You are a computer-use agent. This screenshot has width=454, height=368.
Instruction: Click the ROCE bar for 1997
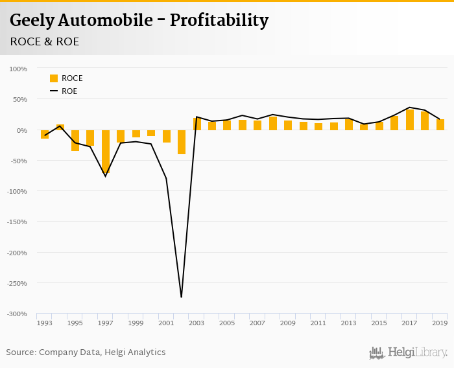click(106, 151)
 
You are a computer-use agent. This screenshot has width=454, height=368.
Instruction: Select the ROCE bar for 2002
click(182, 142)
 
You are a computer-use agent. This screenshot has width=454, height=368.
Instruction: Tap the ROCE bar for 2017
click(410, 120)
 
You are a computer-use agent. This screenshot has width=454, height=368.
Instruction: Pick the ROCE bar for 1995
click(75, 141)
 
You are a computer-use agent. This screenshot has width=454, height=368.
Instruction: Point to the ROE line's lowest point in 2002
click(181, 297)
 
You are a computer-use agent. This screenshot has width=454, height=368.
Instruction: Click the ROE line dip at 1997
click(106, 176)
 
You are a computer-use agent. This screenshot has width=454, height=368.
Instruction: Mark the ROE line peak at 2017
click(410, 108)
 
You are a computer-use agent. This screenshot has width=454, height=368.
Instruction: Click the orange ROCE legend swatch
click(54, 78)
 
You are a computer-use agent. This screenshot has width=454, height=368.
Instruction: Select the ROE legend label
click(69, 91)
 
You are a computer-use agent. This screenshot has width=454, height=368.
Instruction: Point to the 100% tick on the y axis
click(18, 69)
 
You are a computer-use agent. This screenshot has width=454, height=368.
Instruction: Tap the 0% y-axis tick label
click(21, 130)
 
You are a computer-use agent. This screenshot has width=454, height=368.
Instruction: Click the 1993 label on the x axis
click(44, 323)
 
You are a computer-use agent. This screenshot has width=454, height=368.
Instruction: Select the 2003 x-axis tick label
click(197, 323)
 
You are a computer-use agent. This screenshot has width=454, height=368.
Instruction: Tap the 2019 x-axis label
click(440, 323)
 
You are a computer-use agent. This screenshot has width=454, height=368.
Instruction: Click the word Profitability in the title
click(219, 21)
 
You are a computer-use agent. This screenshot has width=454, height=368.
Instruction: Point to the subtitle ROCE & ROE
click(45, 41)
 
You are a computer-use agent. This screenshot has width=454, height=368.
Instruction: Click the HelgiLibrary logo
click(409, 353)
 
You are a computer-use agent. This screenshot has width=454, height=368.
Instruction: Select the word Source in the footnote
click(21, 352)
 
